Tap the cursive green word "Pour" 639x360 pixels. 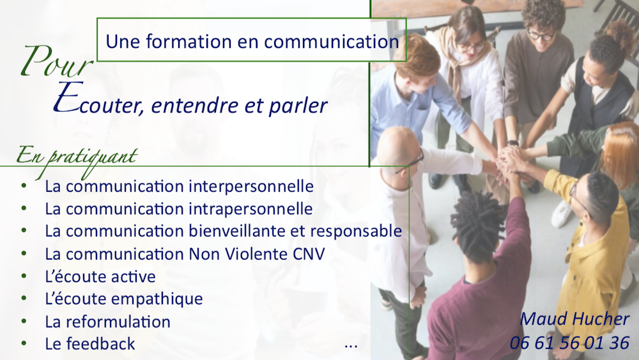point(57,62)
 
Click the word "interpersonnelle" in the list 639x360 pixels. point(251,186)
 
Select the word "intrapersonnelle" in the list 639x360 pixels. point(250,208)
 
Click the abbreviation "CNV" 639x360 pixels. point(309,254)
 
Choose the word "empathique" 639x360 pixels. point(157,299)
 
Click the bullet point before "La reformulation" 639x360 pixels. point(24,321)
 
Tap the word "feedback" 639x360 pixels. point(101,343)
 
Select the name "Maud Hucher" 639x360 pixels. point(574,319)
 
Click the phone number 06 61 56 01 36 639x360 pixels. point(570,343)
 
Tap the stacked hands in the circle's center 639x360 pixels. point(510,160)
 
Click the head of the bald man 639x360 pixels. point(397,146)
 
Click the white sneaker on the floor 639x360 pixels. point(562,214)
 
